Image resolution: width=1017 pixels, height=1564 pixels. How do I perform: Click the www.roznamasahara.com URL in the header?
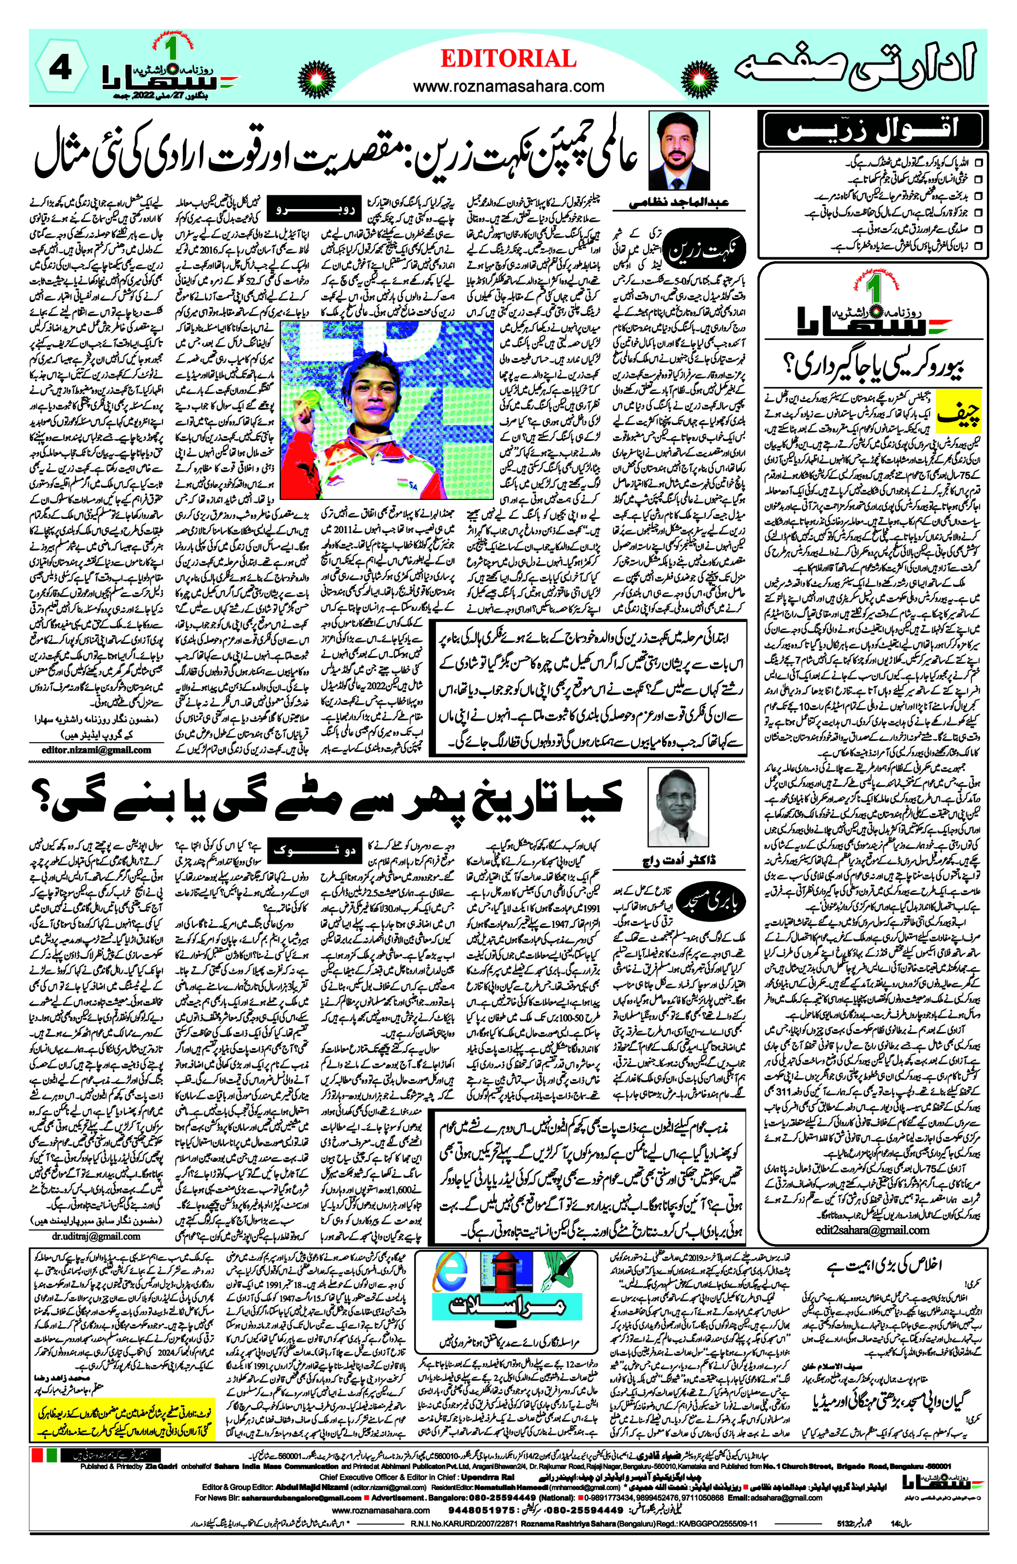coord(508,86)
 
